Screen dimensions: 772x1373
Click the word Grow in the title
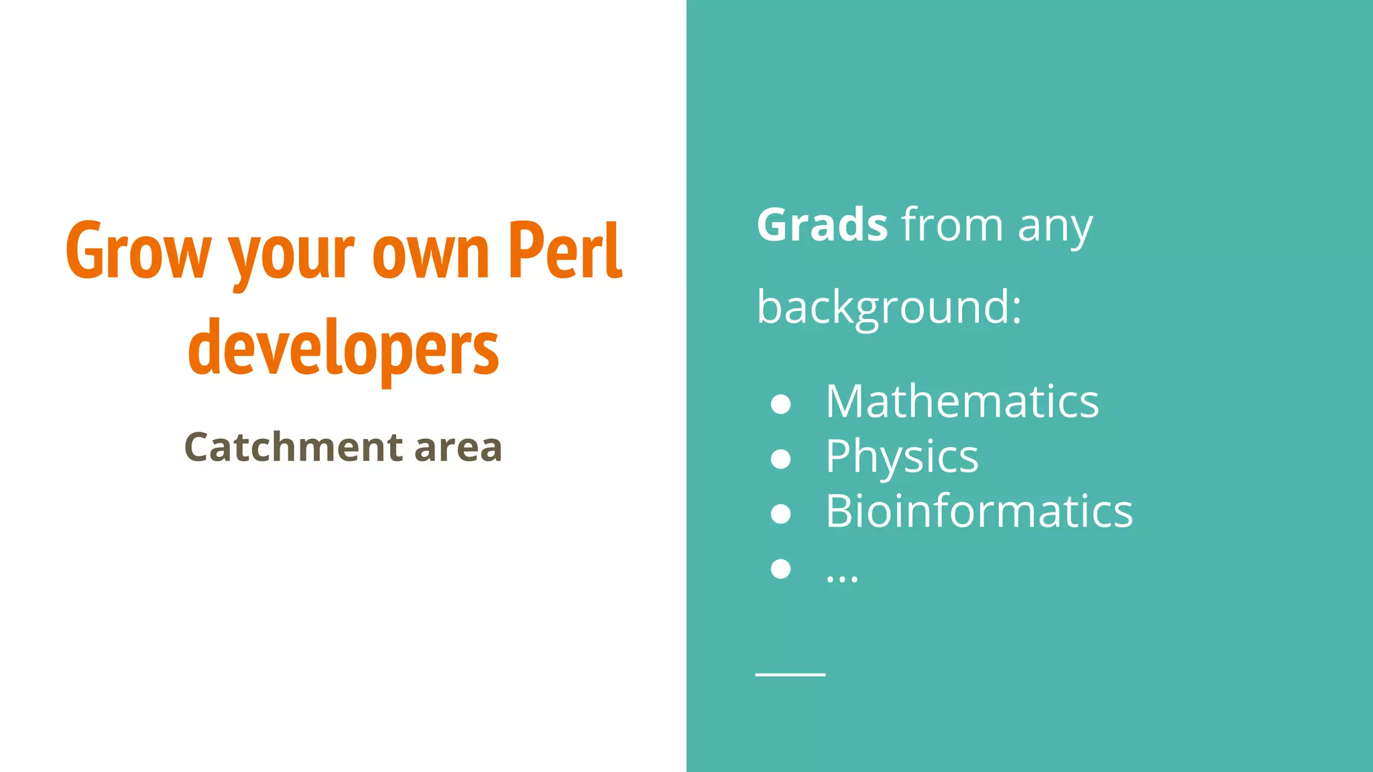pos(138,251)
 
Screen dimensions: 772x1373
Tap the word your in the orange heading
pos(291,255)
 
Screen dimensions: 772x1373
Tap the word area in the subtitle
pos(458,448)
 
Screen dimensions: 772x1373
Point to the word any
pos(1055,228)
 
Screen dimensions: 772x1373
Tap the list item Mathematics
pos(962,401)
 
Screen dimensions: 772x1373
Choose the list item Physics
pos(902,458)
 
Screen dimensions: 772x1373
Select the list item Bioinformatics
pos(979,511)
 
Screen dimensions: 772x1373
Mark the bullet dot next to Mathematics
pos(781,403)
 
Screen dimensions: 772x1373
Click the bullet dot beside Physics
pos(781,458)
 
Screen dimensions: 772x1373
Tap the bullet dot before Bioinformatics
pos(781,513)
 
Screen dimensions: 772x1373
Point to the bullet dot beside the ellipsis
pos(781,568)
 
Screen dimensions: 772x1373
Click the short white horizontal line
pos(790,674)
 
